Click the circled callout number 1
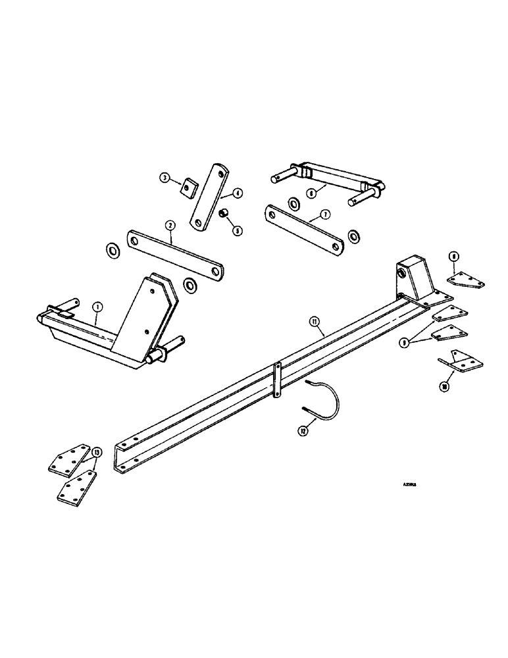pos(97,306)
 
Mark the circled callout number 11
pos(314,321)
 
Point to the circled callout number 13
pos(97,452)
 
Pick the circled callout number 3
pos(165,177)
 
